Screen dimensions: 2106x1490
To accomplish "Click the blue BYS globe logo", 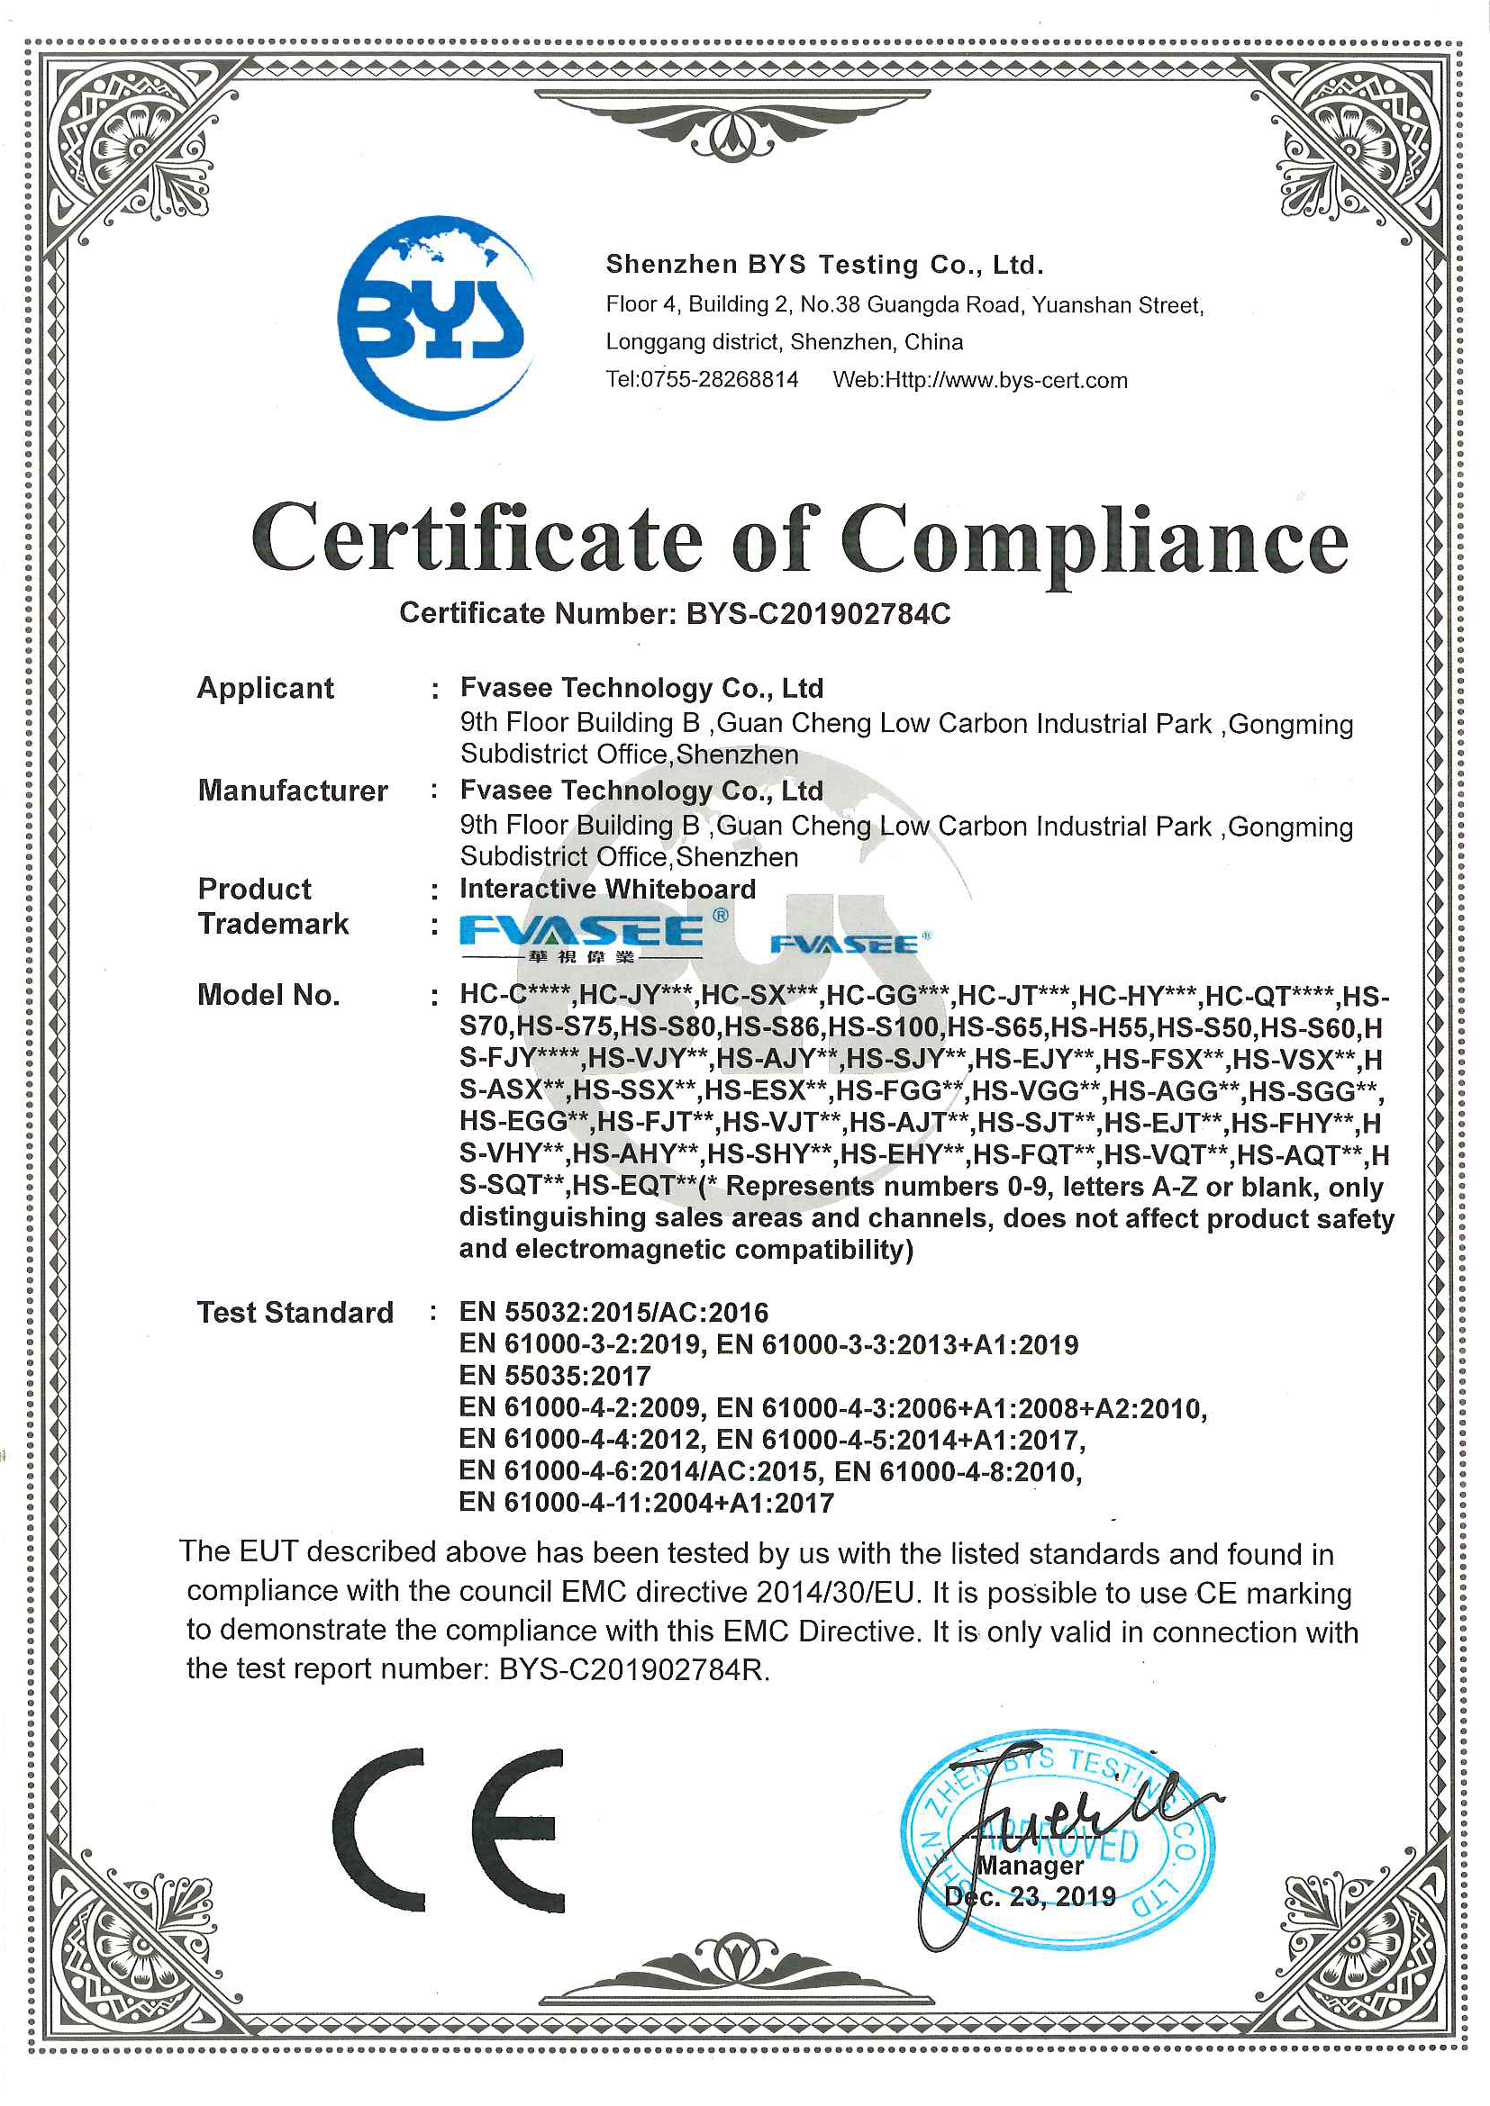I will pyautogui.click(x=434, y=317).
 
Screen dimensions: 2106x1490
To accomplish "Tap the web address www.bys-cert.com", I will pyautogui.click(x=1005, y=380).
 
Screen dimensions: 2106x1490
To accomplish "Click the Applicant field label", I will pyautogui.click(x=265, y=688).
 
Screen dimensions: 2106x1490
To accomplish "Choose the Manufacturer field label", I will pyautogui.click(x=293, y=791).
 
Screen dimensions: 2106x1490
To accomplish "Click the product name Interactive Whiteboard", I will pyautogui.click(x=607, y=889).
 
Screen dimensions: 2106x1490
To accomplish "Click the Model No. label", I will pyautogui.click(x=268, y=995).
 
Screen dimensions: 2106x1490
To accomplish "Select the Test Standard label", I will pyautogui.click(x=295, y=1313).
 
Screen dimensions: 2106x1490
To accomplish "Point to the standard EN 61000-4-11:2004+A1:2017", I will pyautogui.click(x=646, y=1503).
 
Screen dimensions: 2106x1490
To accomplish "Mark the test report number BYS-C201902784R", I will pyautogui.click(x=632, y=1669).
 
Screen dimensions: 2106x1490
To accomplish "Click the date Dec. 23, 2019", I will pyautogui.click(x=1030, y=1897).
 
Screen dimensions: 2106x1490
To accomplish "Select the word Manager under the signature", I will pyautogui.click(x=1031, y=1866).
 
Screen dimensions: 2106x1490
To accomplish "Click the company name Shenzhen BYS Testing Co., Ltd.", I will pyautogui.click(x=824, y=265).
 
